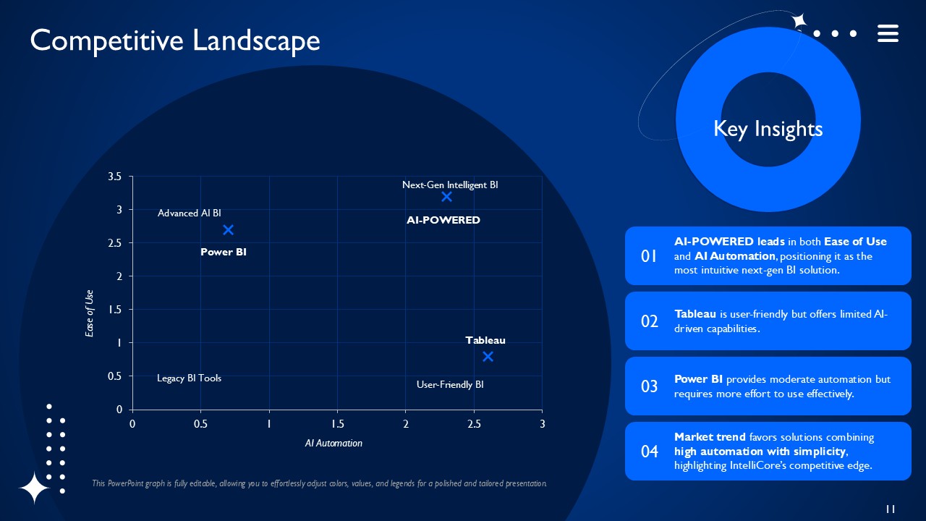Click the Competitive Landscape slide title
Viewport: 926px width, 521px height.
(175, 41)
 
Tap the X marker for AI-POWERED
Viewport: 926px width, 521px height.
(446, 197)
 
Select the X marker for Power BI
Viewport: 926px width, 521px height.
(228, 230)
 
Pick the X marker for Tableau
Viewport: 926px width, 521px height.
(488, 356)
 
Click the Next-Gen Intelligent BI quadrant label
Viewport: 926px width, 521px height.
(450, 185)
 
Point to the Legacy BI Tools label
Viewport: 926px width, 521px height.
(189, 378)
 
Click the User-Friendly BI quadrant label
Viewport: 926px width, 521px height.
(450, 385)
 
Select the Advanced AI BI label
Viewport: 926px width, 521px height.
(190, 213)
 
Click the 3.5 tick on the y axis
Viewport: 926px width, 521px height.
(114, 177)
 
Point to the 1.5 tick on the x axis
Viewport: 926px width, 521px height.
(337, 423)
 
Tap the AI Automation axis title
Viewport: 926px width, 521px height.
(334, 443)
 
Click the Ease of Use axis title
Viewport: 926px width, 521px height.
(90, 313)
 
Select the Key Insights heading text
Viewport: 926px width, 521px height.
(768, 129)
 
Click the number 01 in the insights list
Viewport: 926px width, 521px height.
(649, 256)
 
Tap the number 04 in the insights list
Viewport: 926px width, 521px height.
(650, 452)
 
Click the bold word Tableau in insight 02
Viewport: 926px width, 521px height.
(695, 314)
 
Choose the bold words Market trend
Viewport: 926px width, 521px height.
(710, 437)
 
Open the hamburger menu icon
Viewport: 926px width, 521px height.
(888, 33)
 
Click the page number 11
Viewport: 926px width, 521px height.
(891, 509)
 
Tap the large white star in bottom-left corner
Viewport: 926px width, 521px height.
(34, 488)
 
